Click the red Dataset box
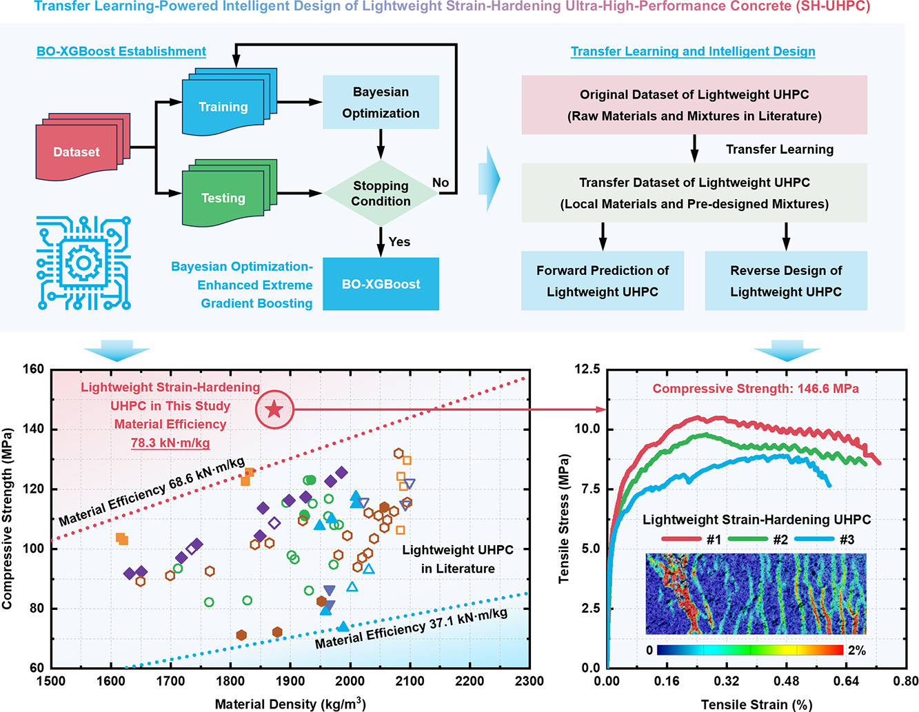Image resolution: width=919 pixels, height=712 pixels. click(77, 152)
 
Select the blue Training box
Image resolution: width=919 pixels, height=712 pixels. click(223, 107)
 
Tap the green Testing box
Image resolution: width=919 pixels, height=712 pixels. click(223, 198)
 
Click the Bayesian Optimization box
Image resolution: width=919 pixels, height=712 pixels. click(381, 102)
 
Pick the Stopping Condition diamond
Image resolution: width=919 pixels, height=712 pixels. click(381, 193)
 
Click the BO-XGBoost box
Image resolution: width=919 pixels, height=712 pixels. click(381, 284)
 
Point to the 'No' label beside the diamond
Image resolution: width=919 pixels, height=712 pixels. click(441, 183)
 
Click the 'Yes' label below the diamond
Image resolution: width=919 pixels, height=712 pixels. click(399, 242)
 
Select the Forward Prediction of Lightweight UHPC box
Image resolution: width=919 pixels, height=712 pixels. click(603, 281)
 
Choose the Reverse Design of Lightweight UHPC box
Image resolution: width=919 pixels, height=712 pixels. click(786, 281)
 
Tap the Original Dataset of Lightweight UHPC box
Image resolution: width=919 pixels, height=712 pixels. click(694, 105)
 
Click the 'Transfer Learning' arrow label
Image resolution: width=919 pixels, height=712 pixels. click(780, 150)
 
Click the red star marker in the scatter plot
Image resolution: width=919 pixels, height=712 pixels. click(274, 410)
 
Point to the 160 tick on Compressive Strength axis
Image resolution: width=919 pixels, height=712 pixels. click(32, 369)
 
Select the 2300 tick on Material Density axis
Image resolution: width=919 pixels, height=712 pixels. click(529, 682)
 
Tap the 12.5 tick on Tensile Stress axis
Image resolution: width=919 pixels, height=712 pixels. click(587, 369)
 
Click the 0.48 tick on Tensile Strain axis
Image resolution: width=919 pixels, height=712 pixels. click(786, 682)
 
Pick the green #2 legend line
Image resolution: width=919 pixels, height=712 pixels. click(748, 539)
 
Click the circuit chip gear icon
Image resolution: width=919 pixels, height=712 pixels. click(83, 263)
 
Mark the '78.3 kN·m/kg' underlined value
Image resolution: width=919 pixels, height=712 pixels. click(170, 443)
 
